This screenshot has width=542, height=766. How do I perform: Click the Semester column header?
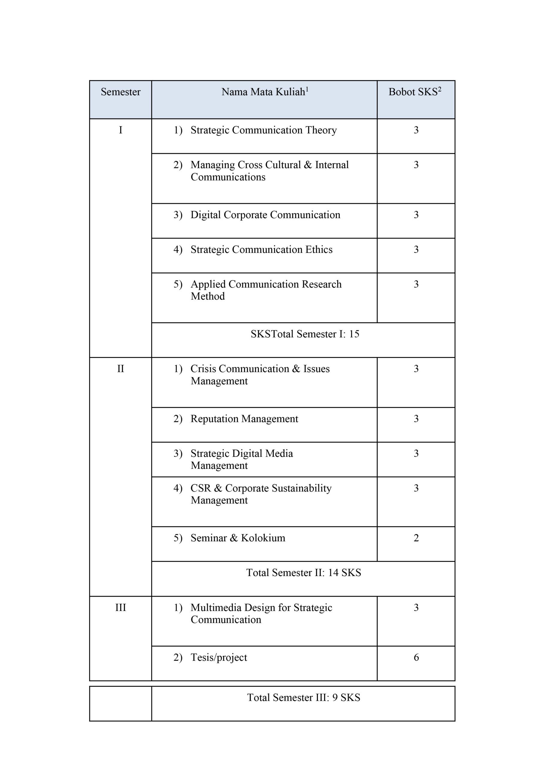tap(121, 92)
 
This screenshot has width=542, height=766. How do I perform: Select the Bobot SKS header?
tap(413, 92)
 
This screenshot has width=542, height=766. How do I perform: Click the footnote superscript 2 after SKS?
tap(440, 89)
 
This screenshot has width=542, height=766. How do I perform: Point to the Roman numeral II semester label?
tap(121, 369)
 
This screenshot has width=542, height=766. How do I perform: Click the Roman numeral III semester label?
tap(121, 607)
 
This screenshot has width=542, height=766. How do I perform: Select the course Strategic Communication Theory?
tap(264, 130)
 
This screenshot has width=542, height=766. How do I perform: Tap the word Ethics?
tap(319, 250)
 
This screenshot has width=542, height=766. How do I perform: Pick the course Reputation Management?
tap(244, 419)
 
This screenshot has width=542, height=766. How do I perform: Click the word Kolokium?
tap(263, 538)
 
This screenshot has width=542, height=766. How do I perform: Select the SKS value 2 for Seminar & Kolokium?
tap(416, 538)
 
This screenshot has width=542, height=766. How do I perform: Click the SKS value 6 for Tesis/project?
tap(416, 658)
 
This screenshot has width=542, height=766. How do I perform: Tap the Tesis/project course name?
tap(219, 658)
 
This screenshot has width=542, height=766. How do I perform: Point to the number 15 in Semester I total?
tap(354, 334)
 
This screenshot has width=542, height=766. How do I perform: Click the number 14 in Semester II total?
tap(333, 573)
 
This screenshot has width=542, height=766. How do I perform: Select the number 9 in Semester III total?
tap(335, 697)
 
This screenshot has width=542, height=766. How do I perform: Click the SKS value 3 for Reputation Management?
tap(416, 419)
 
